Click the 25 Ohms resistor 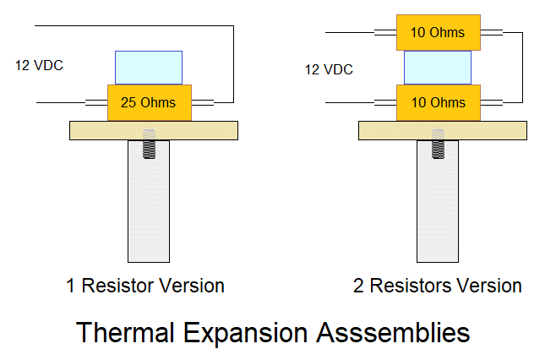[x=150, y=102]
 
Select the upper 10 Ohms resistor [x=439, y=32]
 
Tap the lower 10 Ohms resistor [x=439, y=102]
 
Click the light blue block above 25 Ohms [x=149, y=68]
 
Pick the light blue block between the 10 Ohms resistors [x=438, y=68]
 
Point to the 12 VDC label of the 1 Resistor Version [x=39, y=65]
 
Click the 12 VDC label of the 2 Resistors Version [x=329, y=69]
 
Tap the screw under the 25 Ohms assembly [x=149, y=144]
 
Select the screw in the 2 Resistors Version [x=438, y=144]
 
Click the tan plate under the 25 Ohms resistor [x=154, y=130]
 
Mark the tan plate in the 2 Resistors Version [x=443, y=130]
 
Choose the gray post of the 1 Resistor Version [x=149, y=201]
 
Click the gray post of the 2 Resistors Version [x=438, y=201]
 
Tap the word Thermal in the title [x=125, y=332]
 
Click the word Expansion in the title [x=245, y=334]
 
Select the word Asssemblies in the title [x=393, y=332]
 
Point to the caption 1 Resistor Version [x=145, y=286]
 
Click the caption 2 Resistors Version [x=437, y=286]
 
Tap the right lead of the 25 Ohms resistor [x=203, y=102]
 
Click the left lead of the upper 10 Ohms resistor [x=385, y=32]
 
